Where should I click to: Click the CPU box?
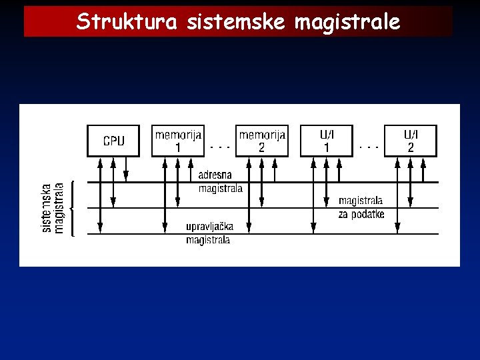[x=113, y=141]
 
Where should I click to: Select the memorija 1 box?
[x=177, y=141]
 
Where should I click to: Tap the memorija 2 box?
[x=262, y=141]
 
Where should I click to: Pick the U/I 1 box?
[x=326, y=141]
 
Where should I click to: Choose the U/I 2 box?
[x=411, y=141]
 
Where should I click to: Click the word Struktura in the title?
[x=127, y=22]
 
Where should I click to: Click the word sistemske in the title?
[x=236, y=22]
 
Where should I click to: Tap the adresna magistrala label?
[x=220, y=182]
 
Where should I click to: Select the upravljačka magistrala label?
[x=209, y=233]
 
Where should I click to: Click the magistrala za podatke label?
[x=361, y=207]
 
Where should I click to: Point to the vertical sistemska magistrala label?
[x=53, y=207]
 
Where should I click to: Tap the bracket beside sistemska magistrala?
[x=72, y=207]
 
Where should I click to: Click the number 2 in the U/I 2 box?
[x=411, y=148]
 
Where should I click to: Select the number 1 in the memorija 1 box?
[x=177, y=148]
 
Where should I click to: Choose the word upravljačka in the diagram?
[x=209, y=227]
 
